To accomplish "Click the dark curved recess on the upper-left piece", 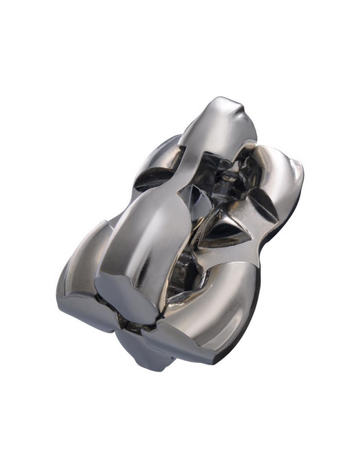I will point(154,179).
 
